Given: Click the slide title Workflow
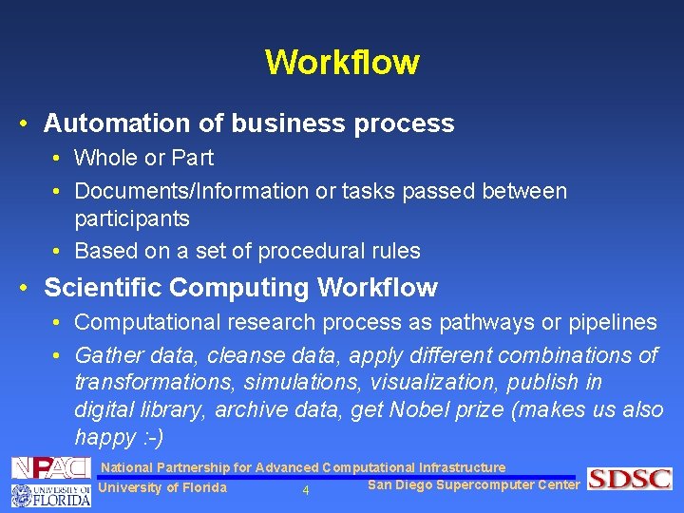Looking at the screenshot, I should coord(342,63).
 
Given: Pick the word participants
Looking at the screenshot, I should coord(132,218).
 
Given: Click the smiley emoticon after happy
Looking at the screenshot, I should coord(149,437).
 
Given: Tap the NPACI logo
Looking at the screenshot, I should coord(51,467).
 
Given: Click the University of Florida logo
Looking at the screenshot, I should coord(51,494).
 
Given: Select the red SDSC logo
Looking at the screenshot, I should coord(629,479).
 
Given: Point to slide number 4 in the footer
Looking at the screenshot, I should coord(306,491).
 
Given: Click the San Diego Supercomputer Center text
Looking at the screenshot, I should coord(473,484).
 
